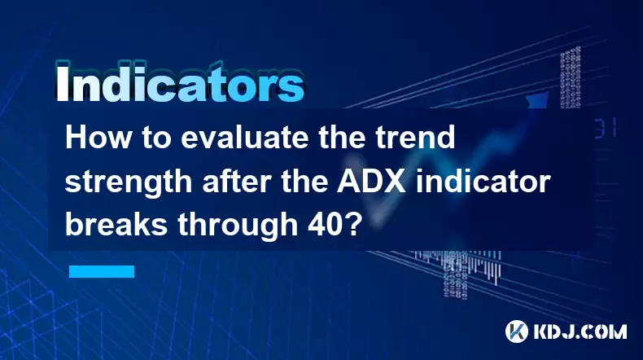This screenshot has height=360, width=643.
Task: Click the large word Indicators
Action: [x=180, y=83]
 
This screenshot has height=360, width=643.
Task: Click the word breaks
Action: [x=116, y=225]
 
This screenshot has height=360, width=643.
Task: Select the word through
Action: [x=237, y=226]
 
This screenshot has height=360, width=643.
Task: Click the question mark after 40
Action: [x=352, y=225]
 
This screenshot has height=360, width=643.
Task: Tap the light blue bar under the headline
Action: [x=102, y=271]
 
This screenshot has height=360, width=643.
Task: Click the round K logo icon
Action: [x=517, y=331]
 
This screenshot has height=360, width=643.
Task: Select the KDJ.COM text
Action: [x=580, y=331]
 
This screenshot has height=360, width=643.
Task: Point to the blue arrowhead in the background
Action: [x=538, y=100]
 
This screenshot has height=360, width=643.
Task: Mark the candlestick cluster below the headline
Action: [x=457, y=269]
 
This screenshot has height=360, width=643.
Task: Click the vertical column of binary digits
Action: [x=571, y=77]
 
